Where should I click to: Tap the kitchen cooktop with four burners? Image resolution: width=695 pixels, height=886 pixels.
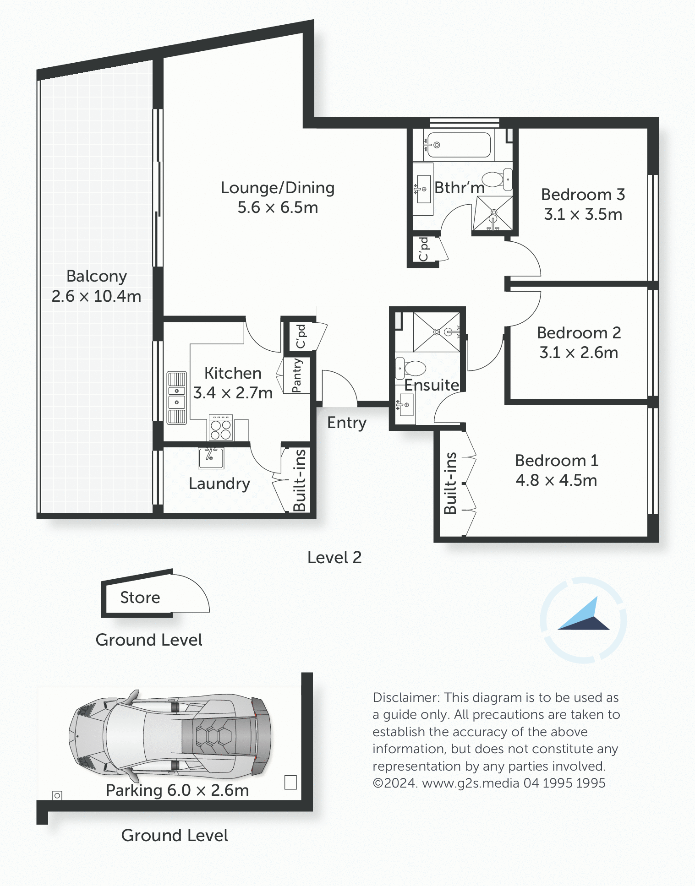[221, 428]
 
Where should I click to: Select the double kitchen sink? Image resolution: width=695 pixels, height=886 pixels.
[177, 397]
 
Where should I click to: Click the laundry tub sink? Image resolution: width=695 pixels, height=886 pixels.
[211, 458]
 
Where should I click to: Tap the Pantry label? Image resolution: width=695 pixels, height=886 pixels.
[297, 375]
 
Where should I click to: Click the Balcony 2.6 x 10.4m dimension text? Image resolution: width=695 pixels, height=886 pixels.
[96, 296]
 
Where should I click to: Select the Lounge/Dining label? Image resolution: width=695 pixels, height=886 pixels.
[278, 188]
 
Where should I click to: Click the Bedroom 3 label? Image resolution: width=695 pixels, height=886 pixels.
[583, 195]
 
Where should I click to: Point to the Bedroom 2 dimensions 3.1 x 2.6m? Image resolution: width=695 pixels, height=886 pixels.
[579, 353]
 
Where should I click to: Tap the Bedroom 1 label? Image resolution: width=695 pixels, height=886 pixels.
[557, 461]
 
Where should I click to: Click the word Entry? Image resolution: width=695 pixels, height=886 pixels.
[347, 423]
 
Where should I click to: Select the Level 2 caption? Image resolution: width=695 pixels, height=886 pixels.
[334, 558]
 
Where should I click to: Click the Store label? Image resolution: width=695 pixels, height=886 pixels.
[140, 598]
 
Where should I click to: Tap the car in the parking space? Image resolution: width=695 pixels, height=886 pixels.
[170, 736]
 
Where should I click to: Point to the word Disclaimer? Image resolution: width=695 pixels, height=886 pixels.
[406, 697]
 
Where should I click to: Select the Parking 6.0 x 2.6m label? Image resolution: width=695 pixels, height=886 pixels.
[177, 790]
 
